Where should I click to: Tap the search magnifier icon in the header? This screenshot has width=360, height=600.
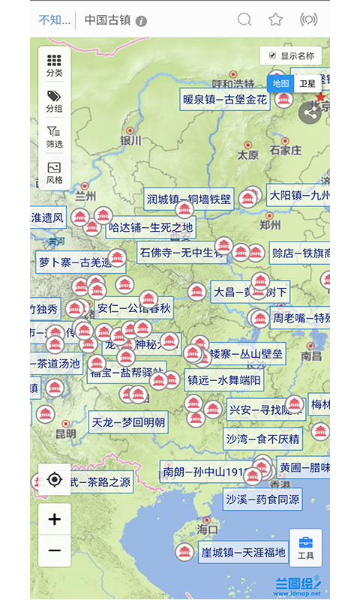click(x=244, y=19)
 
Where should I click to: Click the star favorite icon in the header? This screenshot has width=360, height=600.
click(x=276, y=19)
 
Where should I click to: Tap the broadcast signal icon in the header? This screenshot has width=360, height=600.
click(x=308, y=19)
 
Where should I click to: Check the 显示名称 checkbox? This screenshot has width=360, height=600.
click(x=272, y=55)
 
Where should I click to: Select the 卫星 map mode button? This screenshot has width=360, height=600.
click(x=307, y=84)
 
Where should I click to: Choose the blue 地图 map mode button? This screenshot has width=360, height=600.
click(x=280, y=84)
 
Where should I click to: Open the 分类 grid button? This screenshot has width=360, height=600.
click(x=54, y=65)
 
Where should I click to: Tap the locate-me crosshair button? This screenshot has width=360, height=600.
click(x=55, y=480)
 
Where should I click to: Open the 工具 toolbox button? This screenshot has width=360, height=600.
click(x=305, y=547)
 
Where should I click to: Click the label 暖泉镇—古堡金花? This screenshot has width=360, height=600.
click(x=225, y=100)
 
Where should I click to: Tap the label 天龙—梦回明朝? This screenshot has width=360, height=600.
click(x=128, y=422)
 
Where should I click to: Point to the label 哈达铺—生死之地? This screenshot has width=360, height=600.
click(x=151, y=227)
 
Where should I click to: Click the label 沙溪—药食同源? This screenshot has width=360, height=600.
click(x=262, y=498)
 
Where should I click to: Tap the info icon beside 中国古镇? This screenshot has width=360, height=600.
click(x=141, y=21)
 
